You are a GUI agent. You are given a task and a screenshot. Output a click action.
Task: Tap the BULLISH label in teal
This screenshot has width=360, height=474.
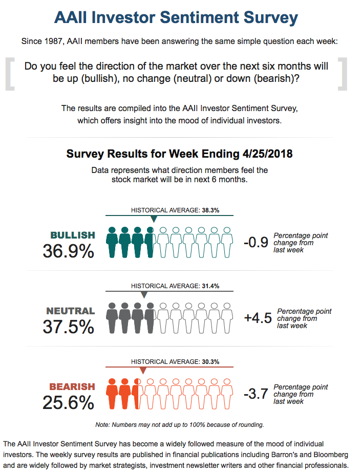click(73, 235)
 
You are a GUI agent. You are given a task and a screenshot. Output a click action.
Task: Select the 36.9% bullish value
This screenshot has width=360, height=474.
click(68, 251)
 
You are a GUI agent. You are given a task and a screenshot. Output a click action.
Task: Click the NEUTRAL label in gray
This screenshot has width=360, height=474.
click(71, 311)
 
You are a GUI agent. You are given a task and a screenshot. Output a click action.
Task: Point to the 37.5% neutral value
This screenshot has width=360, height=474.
click(68, 327)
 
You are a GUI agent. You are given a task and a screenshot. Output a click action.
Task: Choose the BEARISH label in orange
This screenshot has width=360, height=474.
click(72, 386)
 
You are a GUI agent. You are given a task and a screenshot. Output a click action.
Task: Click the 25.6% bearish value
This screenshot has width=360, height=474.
click(68, 402)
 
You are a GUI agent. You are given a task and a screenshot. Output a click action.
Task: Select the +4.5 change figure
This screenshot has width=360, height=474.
click(257, 318)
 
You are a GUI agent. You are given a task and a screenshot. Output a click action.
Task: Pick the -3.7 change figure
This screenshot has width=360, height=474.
click(256, 394)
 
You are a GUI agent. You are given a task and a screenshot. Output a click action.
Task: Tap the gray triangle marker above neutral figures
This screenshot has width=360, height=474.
click(144, 295)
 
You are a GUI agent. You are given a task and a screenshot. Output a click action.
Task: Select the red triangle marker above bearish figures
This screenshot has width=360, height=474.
click(143, 371)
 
